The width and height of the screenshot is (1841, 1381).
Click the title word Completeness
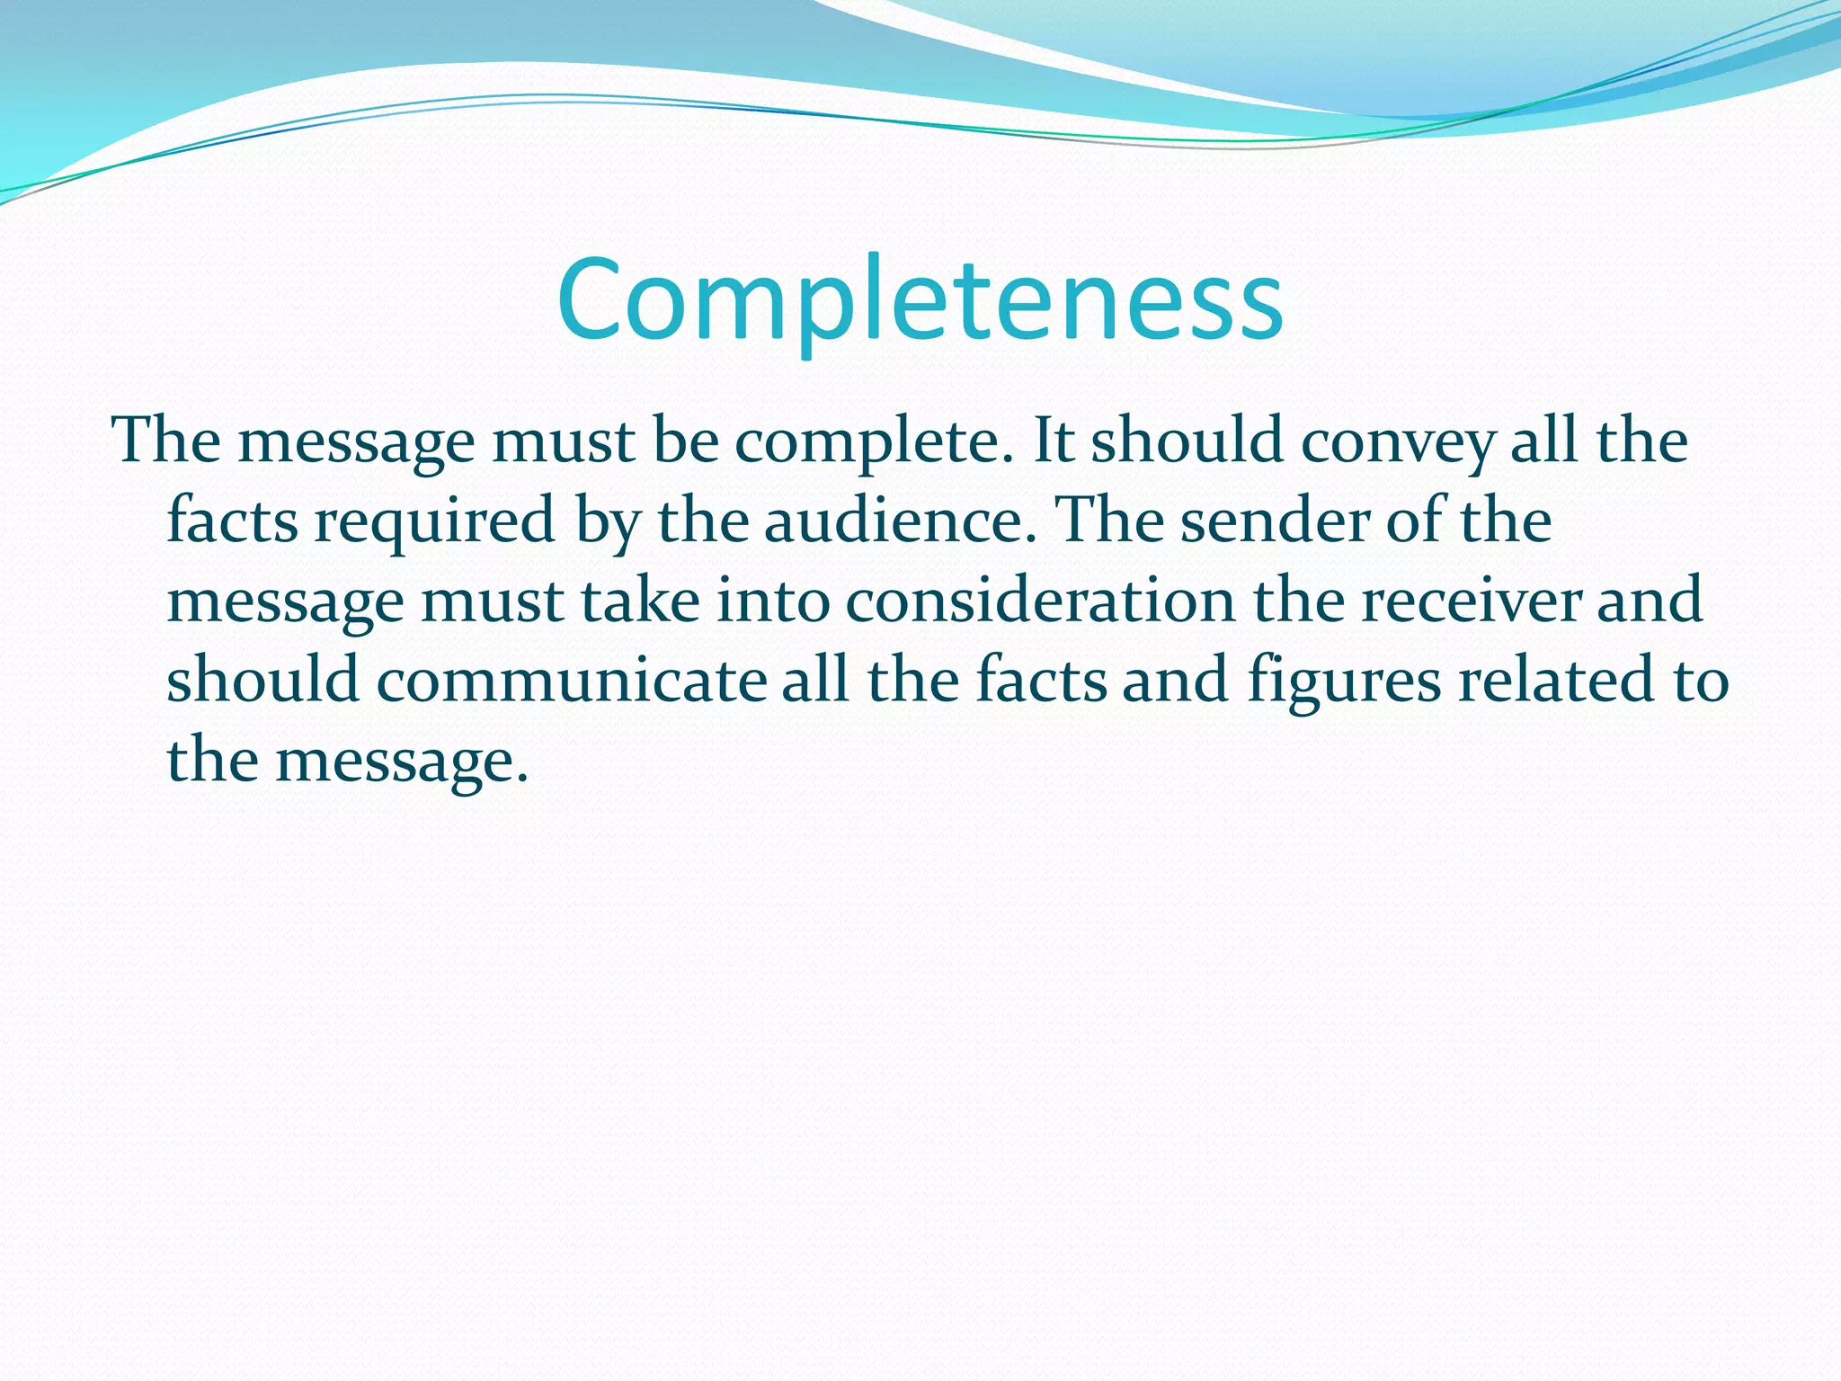920,300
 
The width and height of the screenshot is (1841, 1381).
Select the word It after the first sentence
1054,441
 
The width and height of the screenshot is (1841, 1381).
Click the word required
434,522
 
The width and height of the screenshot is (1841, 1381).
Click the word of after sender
1415,521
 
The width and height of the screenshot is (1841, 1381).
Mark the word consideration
1040,601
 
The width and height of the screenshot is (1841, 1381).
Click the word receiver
1471,601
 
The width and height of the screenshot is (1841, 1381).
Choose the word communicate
571,680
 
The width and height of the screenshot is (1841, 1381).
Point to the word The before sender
1111,521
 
